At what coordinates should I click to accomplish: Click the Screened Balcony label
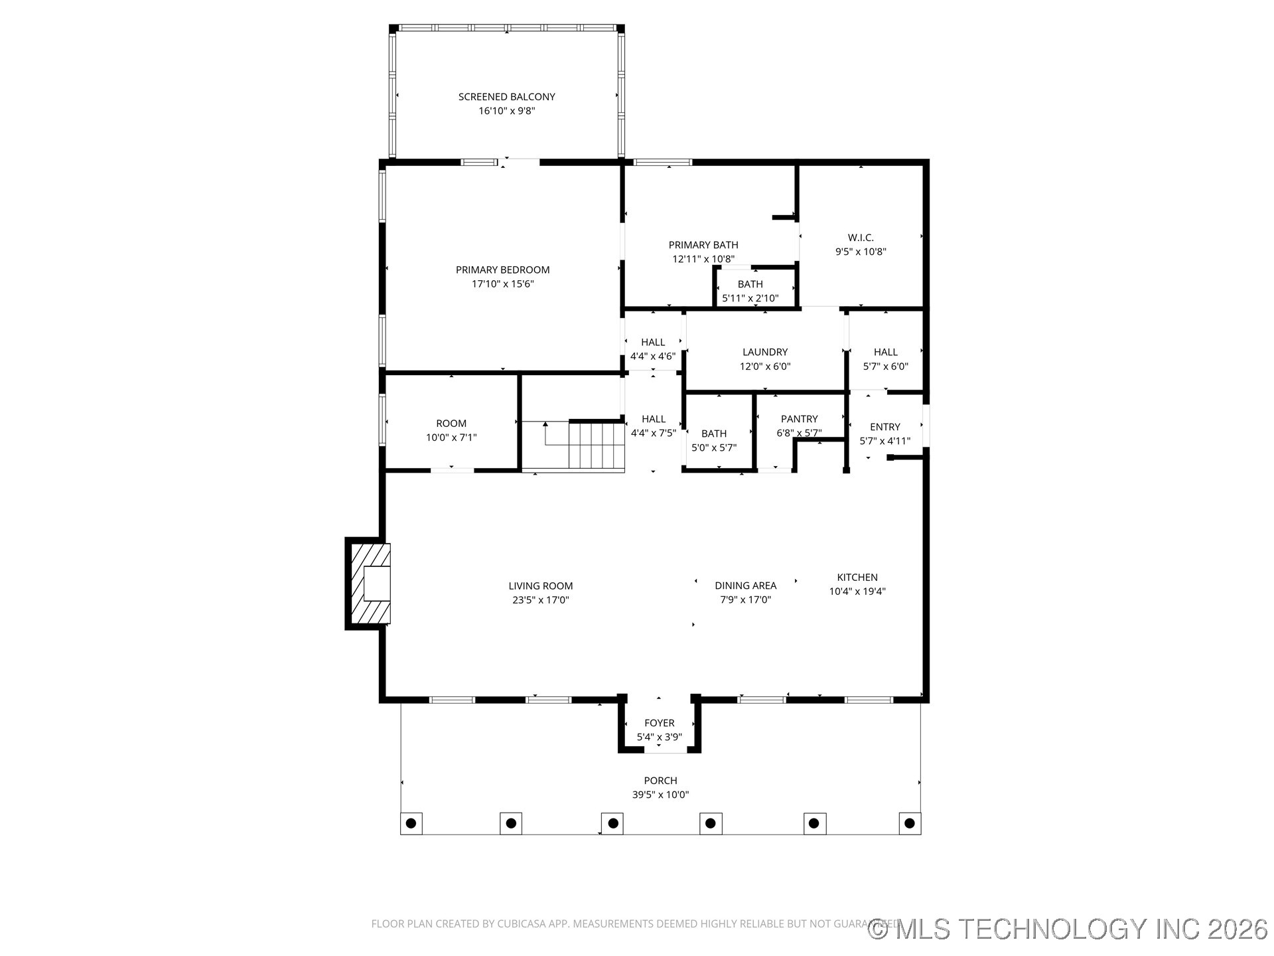pyautogui.click(x=506, y=97)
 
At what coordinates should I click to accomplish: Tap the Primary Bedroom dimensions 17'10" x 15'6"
pyautogui.click(x=502, y=284)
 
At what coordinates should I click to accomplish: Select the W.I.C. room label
pyautogui.click(x=861, y=238)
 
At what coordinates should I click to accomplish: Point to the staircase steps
pyautogui.click(x=597, y=445)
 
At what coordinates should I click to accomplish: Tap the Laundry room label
pyautogui.click(x=765, y=352)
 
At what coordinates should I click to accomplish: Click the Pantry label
pyautogui.click(x=799, y=419)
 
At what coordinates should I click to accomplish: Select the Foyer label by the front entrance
pyautogui.click(x=659, y=723)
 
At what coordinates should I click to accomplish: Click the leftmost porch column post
pyautogui.click(x=411, y=823)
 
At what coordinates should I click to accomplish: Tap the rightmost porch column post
pyautogui.click(x=909, y=823)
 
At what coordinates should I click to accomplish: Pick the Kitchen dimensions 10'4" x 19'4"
pyautogui.click(x=857, y=592)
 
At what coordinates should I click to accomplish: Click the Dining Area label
pyautogui.click(x=745, y=586)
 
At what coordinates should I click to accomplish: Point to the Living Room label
pyautogui.click(x=540, y=586)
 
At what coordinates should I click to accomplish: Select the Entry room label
pyautogui.click(x=885, y=427)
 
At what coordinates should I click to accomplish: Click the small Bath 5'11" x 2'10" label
pyautogui.click(x=750, y=284)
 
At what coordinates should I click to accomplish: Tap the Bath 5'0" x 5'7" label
pyautogui.click(x=714, y=434)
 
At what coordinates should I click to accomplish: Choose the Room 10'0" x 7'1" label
pyautogui.click(x=451, y=424)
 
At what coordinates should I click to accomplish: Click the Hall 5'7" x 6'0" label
pyautogui.click(x=885, y=352)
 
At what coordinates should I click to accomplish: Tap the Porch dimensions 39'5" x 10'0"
pyautogui.click(x=660, y=795)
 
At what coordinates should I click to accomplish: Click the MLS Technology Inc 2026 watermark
pyautogui.click(x=1068, y=928)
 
